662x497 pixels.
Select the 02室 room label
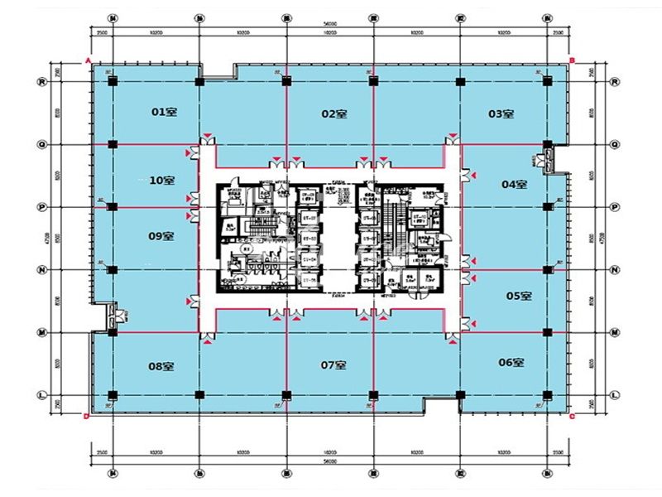click(x=333, y=113)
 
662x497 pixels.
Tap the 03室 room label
click(x=501, y=113)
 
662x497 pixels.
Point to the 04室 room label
click(x=514, y=184)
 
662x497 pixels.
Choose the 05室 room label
click(x=518, y=296)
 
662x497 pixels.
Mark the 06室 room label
click(x=511, y=362)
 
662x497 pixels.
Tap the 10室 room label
click(x=161, y=180)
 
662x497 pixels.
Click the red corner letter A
click(x=88, y=60)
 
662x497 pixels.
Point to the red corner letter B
click(x=572, y=60)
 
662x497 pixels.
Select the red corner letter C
click(x=572, y=417)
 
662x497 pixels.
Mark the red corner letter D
click(x=88, y=417)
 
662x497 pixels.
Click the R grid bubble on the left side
click(x=40, y=81)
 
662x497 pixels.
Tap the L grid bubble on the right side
click(x=615, y=394)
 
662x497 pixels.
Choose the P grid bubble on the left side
click(x=40, y=206)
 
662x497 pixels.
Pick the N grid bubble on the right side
click(x=615, y=269)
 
